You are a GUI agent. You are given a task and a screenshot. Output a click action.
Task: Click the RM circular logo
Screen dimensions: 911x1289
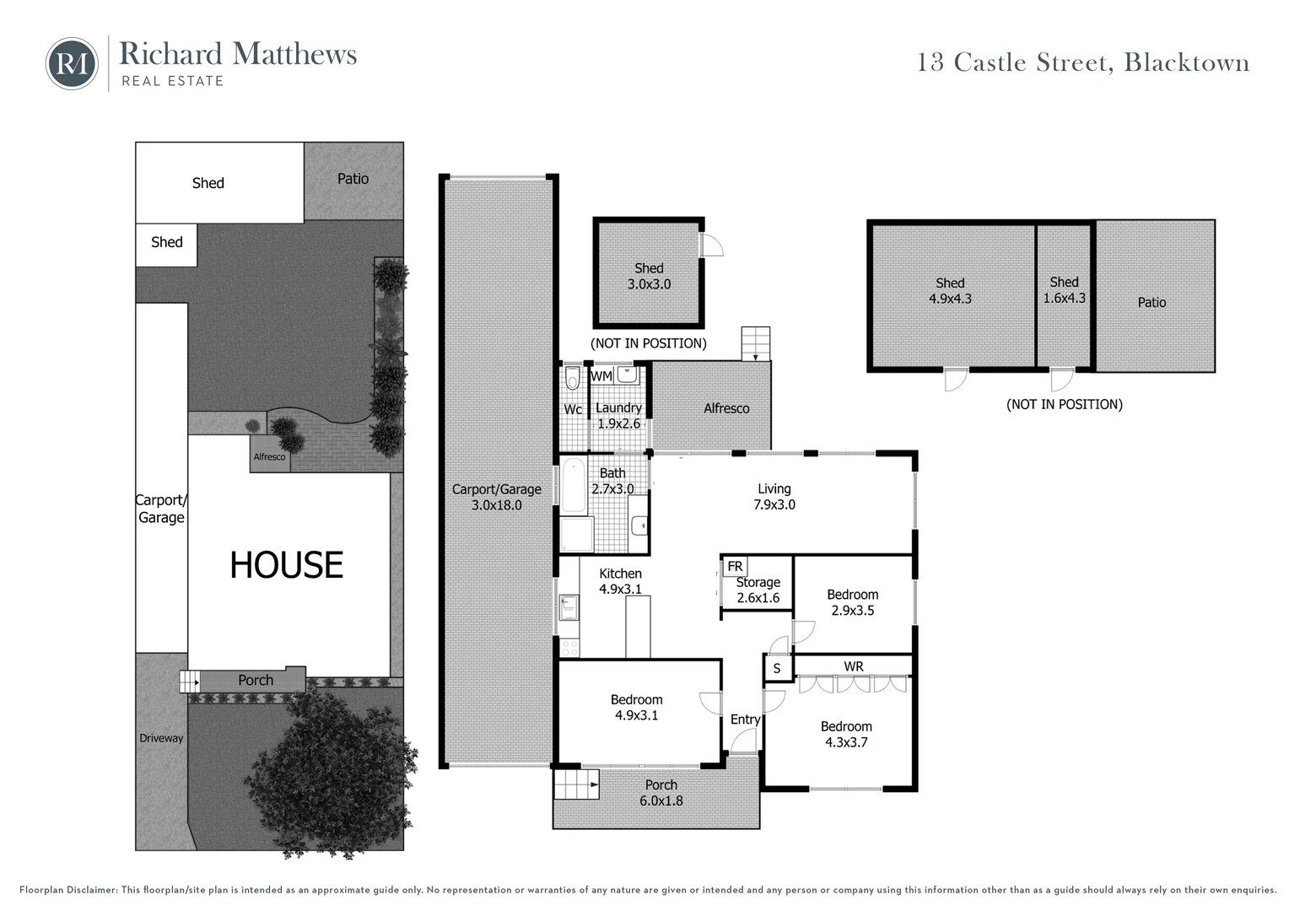(72, 63)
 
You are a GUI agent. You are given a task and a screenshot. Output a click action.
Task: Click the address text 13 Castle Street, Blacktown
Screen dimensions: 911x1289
(1083, 63)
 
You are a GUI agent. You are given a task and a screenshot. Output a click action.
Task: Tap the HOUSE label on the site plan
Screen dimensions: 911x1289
(287, 565)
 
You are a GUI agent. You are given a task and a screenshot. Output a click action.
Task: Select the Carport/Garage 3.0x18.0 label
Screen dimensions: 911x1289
(496, 497)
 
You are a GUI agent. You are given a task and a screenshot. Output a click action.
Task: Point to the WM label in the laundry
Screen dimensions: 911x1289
(601, 375)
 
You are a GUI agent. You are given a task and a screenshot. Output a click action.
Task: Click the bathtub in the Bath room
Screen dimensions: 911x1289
(574, 486)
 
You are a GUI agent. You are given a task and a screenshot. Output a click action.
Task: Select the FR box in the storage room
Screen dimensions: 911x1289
(735, 566)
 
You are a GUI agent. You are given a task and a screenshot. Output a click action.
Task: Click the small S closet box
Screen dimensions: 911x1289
(777, 669)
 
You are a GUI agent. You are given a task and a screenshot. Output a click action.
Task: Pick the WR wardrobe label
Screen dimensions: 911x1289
(853, 666)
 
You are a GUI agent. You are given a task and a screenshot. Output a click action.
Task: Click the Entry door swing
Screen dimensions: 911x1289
(743, 742)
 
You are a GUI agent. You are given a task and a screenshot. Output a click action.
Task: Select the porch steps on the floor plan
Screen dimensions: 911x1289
(575, 784)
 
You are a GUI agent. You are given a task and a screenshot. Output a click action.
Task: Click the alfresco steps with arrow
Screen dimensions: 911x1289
(756, 344)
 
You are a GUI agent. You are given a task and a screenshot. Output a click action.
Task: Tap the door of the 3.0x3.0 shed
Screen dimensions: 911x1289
(713, 245)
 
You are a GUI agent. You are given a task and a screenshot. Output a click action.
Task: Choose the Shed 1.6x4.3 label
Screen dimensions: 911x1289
(1064, 290)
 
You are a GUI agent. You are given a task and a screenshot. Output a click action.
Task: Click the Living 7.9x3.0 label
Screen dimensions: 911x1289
(774, 496)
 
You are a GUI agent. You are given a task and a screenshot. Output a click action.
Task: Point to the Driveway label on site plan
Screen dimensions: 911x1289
(161, 738)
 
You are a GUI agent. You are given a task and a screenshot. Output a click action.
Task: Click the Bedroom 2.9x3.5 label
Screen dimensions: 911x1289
(852, 602)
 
